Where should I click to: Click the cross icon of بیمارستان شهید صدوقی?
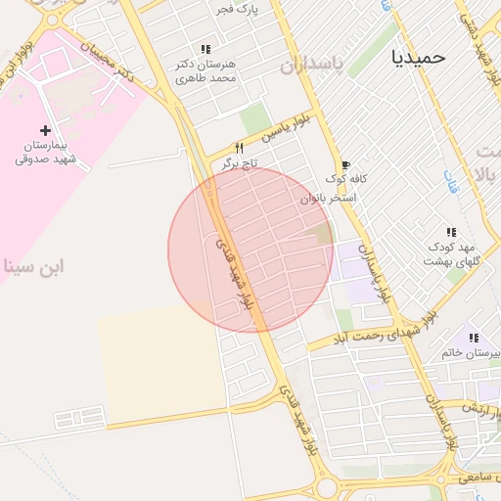(45, 130)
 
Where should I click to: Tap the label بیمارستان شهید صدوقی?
(45, 152)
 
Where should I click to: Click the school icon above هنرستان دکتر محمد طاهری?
(205, 49)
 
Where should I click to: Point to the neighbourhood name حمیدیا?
(418, 57)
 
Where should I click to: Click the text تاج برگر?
(239, 161)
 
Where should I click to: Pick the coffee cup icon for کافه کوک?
(343, 164)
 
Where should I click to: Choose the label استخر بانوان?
(329, 198)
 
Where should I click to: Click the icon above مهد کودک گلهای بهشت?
(451, 233)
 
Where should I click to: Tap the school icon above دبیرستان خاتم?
(475, 338)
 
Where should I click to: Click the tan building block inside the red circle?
(323, 234)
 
